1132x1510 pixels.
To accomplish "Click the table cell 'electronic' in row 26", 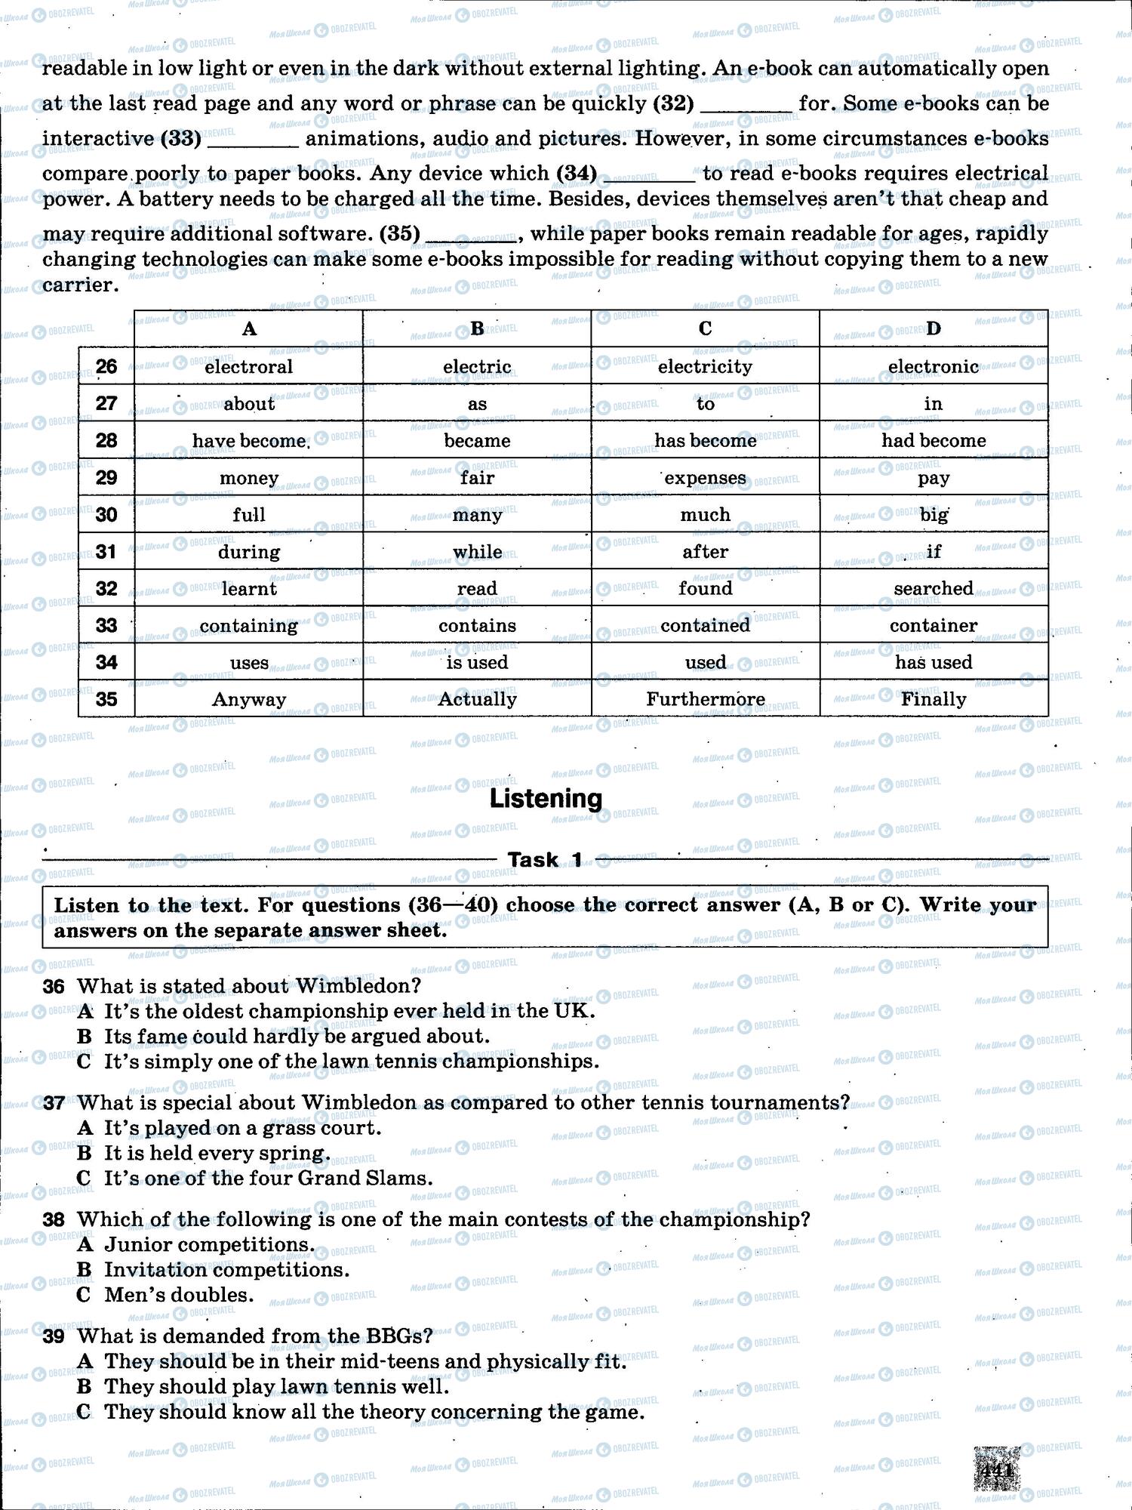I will tap(934, 367).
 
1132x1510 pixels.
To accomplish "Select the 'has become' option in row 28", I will tap(705, 441).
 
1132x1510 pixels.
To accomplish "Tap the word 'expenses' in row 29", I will tap(705, 478).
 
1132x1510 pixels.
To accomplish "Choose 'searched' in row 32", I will tap(934, 589).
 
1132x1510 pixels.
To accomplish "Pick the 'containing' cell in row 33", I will tap(248, 626).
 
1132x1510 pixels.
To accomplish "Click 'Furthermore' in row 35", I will tap(705, 700).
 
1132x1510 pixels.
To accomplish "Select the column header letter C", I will tap(705, 328).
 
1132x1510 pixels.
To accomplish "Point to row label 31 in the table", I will tap(106, 552).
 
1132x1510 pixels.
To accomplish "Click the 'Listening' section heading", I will tap(546, 799).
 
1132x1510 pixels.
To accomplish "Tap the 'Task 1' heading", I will tap(545, 860).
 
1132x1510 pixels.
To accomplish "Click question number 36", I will tap(54, 987).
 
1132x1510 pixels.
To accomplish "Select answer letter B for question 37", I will tap(85, 1154).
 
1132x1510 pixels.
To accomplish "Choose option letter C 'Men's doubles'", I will tap(85, 1296).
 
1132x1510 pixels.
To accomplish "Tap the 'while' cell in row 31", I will tap(477, 552).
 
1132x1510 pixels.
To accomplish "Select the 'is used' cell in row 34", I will tap(477, 663).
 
